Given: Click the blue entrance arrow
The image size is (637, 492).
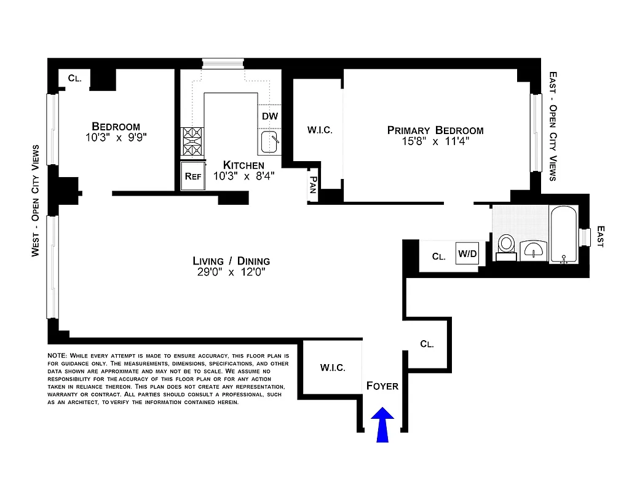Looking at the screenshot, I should [x=382, y=424].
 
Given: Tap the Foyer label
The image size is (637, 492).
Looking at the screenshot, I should [x=382, y=386].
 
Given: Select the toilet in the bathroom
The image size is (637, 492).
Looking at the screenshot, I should [x=507, y=245].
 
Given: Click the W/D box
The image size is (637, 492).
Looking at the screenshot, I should [x=466, y=253].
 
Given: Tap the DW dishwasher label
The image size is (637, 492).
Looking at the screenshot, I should [x=270, y=116].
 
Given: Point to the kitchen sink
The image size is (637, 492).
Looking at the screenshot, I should [x=269, y=142].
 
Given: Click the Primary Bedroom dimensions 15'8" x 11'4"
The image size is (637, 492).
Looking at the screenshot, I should [x=435, y=142].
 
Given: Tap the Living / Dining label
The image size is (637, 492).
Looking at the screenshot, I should [x=231, y=261].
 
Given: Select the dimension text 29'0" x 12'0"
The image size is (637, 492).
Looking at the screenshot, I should [x=231, y=272].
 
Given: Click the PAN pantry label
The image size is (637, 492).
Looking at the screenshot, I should [x=313, y=184].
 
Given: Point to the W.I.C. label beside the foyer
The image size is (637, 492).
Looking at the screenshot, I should [x=332, y=368].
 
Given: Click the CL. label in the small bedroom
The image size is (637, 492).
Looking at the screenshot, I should [x=74, y=78].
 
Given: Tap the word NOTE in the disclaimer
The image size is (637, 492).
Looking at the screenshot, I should [x=58, y=356].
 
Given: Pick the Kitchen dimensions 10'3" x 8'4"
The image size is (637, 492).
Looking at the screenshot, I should [x=243, y=177].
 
